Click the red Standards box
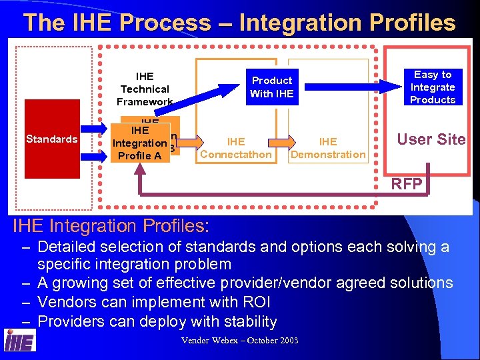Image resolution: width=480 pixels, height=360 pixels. (51, 139)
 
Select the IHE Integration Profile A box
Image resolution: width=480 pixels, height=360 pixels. (140, 143)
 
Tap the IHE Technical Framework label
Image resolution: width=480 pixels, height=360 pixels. (145, 89)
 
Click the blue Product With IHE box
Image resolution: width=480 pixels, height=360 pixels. (271, 87)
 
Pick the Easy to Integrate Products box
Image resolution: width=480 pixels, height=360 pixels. (433, 87)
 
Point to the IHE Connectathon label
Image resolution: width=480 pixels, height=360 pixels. (236, 148)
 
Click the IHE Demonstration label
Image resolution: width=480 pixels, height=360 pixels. (328, 148)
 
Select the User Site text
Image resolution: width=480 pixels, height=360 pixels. (431, 139)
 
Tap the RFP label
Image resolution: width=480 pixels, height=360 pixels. (407, 184)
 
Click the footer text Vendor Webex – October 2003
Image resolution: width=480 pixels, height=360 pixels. (240, 341)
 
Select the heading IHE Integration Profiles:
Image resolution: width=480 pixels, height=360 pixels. (111, 225)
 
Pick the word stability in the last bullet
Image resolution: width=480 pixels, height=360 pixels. (244, 321)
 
